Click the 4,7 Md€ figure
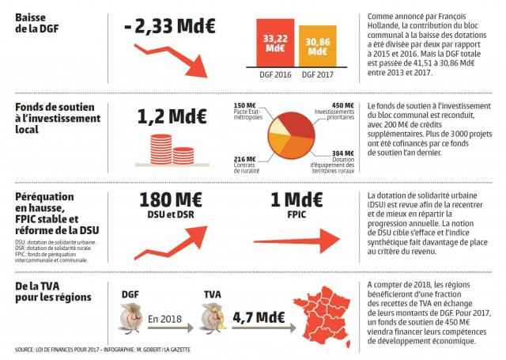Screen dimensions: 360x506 [x=259, y=316]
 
